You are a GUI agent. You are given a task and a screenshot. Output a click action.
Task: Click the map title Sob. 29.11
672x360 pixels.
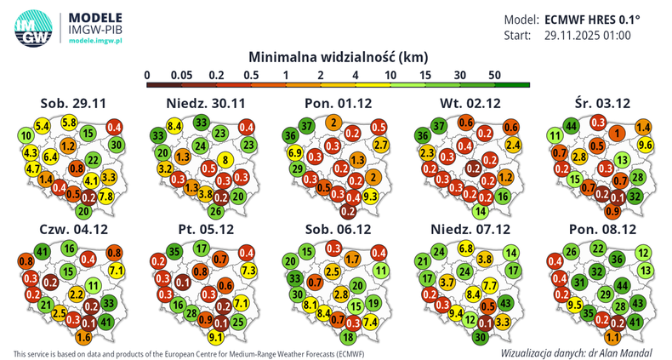tap(73, 103)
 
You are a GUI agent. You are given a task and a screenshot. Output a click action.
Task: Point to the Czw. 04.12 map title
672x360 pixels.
tap(72, 231)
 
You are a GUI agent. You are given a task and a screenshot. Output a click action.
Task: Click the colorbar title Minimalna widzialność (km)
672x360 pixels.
tap(338, 56)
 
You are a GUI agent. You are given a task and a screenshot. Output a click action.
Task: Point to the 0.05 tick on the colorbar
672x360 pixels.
tap(179, 76)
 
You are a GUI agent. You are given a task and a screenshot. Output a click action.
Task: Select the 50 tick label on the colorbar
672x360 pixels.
tap(494, 76)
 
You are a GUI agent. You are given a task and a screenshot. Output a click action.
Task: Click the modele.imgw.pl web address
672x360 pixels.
tap(96, 41)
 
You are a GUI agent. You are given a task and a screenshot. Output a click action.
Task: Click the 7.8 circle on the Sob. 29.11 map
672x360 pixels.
tap(106, 197)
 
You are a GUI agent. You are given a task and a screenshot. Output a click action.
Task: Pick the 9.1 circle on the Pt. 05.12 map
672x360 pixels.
tap(216, 336)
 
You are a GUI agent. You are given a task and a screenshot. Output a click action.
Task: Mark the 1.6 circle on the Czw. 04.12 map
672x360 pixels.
tap(83, 336)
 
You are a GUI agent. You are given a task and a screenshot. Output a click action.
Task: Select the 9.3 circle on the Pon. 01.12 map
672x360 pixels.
tap(370, 197)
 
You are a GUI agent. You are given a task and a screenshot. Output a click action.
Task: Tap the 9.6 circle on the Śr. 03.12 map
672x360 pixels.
tap(644, 145)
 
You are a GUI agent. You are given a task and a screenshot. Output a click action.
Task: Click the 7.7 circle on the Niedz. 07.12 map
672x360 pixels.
tap(490, 285)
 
